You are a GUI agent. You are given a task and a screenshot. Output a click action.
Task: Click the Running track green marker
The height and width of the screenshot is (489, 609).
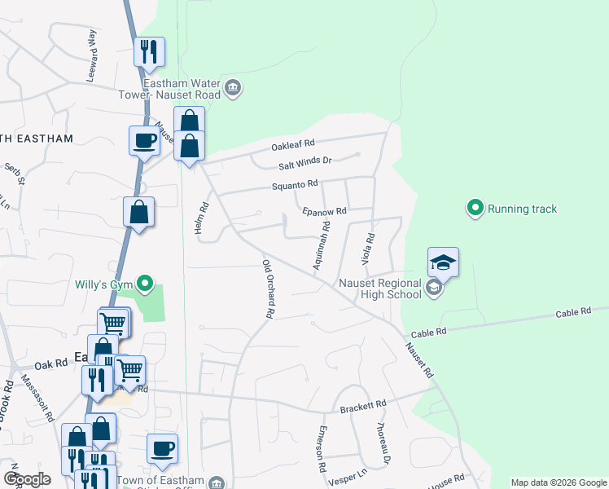click(476, 209)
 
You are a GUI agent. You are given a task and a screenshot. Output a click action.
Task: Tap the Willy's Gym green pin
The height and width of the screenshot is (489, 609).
click(145, 284)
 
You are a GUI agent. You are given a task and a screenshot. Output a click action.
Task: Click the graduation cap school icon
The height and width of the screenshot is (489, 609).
click(443, 262)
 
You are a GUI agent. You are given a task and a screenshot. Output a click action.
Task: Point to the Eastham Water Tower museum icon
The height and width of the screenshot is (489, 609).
click(232, 89)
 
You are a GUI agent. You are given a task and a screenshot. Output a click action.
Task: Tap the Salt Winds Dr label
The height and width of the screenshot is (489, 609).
click(305, 161)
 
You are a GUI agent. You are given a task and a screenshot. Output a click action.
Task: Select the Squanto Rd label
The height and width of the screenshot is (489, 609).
click(294, 185)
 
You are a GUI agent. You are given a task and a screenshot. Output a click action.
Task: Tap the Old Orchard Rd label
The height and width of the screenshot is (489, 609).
click(267, 289)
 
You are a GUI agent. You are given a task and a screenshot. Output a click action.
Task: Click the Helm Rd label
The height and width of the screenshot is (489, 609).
click(203, 218)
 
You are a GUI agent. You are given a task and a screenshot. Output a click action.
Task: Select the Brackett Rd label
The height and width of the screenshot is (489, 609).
click(362, 405)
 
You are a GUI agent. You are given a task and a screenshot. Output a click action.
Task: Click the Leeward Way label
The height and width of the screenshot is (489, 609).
click(92, 55)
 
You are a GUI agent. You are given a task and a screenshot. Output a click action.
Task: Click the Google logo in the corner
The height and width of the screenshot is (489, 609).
click(26, 479)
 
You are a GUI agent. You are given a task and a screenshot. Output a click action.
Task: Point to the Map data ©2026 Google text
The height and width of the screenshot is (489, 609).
click(558, 482)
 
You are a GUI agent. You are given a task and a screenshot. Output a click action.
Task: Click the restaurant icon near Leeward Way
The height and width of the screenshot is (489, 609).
click(149, 52)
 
